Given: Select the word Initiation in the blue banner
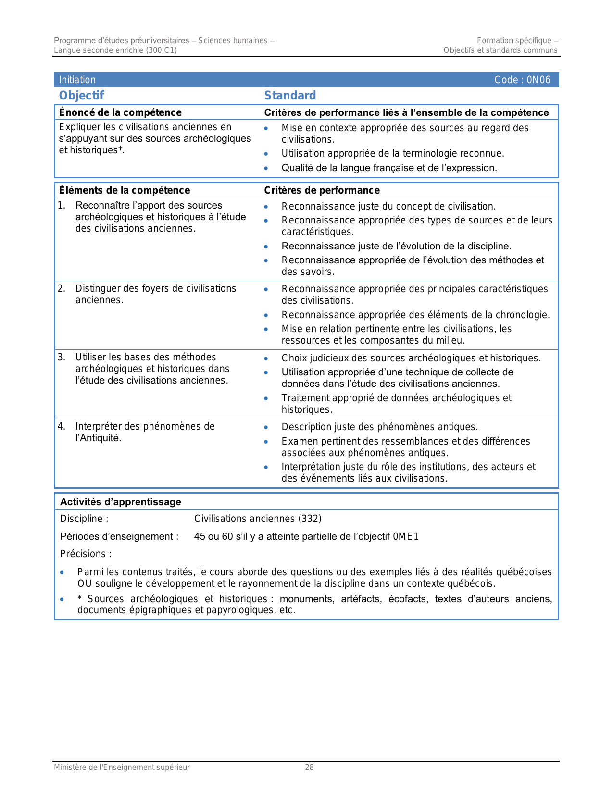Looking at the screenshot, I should click(77, 80).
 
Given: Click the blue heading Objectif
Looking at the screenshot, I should click(81, 96).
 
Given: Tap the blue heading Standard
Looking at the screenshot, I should click(290, 96).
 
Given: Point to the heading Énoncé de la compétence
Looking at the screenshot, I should click(120, 112).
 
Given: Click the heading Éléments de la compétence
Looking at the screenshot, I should click(125, 190).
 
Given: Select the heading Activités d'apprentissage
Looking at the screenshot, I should click(121, 502).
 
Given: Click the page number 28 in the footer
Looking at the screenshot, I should click(310, 767).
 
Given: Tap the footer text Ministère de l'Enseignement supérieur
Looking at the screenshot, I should click(122, 767).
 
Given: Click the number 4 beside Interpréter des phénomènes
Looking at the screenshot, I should click(61, 426).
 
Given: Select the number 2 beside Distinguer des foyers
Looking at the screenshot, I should click(61, 288).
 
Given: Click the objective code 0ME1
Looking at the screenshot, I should click(406, 536).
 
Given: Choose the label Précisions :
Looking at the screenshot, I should click(86, 554).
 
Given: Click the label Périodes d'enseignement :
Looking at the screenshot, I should click(119, 536).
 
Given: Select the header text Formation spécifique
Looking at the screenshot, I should click(514, 41).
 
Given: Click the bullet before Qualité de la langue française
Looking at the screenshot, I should click(266, 168).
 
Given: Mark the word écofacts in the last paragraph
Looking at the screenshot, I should click(408, 599).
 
